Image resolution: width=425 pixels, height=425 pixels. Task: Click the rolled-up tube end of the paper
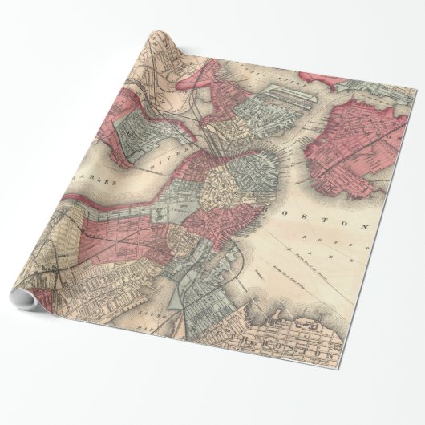tap(22, 301)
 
